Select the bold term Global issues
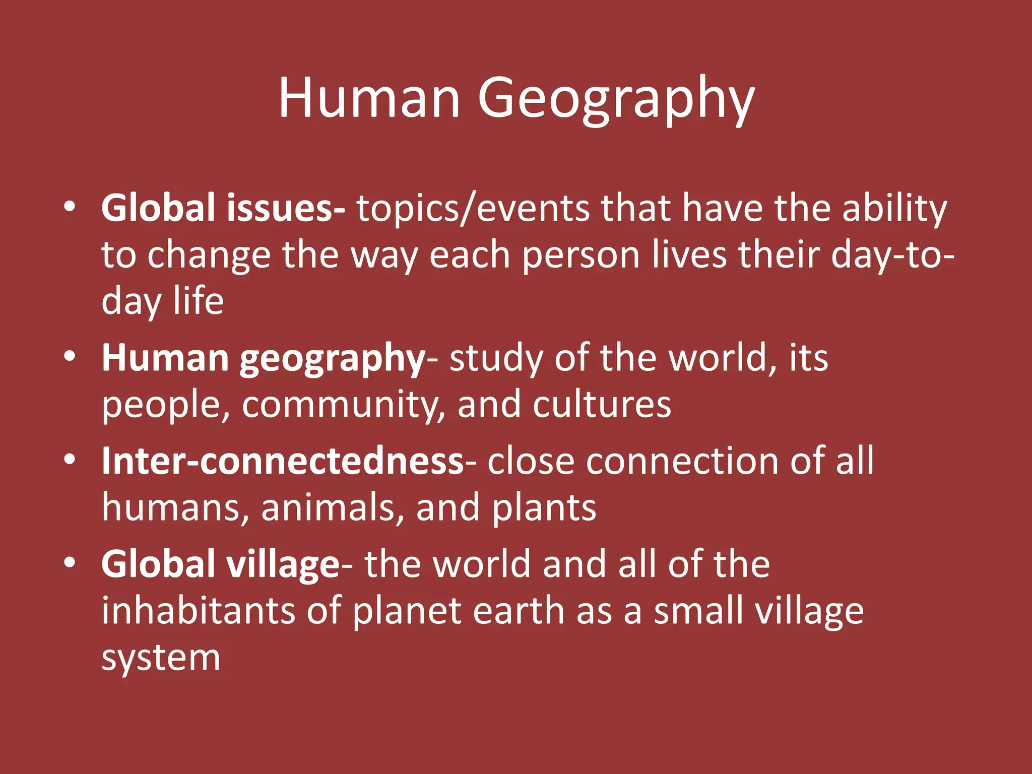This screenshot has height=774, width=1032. tap(223, 208)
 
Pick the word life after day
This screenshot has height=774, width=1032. tap(199, 301)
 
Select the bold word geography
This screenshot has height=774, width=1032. tap(333, 359)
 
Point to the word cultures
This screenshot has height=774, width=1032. tap(602, 405)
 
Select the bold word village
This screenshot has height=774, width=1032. tap(284, 564)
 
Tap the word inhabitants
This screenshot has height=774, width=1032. tap(198, 611)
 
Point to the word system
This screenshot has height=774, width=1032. tap(161, 658)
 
